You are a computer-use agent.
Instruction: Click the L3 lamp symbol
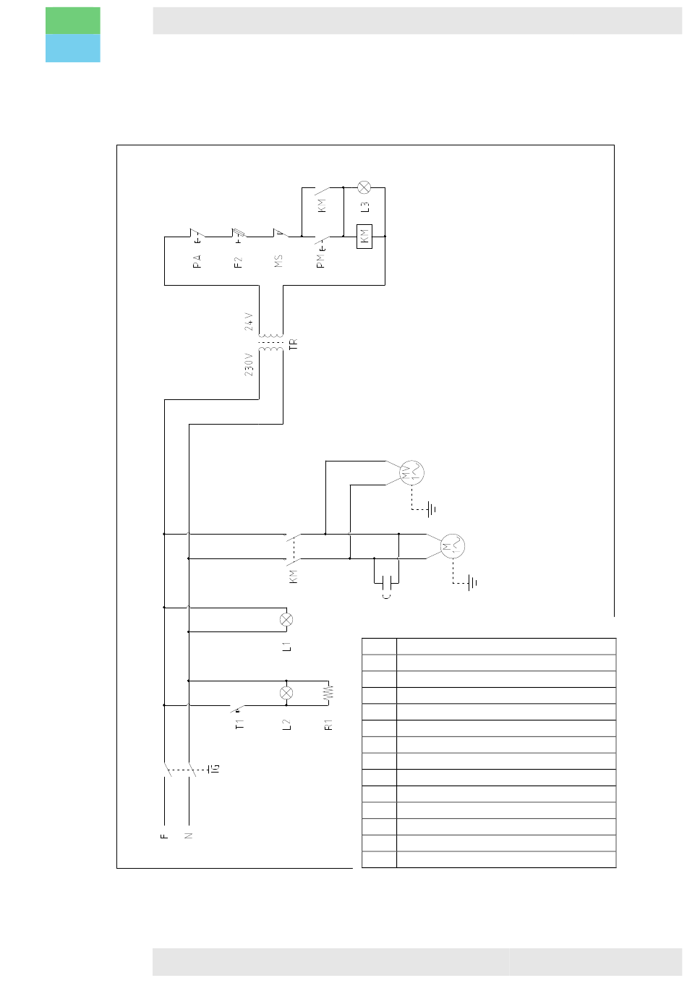pos(364,187)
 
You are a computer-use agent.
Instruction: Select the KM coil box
pos(364,237)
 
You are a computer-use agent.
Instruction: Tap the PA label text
pos(197,261)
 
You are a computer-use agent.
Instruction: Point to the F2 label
pos(239,261)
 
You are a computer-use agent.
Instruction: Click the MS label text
pos(279,261)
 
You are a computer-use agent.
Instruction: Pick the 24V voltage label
pos(249,322)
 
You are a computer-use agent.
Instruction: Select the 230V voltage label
pos(249,364)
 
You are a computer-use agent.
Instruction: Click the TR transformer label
pos(294,345)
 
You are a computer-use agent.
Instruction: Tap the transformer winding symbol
pos(271,343)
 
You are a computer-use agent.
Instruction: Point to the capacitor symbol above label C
pos(387,581)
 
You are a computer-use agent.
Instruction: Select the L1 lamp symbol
pos(286,619)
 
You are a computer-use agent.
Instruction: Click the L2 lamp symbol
pos(286,692)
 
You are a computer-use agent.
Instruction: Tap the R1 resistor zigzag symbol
pos(328,692)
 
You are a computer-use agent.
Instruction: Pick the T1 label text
pos(240,723)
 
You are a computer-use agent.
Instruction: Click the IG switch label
pos(214,768)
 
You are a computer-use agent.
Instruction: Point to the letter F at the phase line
pos(164,836)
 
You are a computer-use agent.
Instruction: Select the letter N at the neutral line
pos(189,836)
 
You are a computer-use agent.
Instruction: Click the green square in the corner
pos(73,21)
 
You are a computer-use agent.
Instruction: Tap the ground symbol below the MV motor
pos(431,510)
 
